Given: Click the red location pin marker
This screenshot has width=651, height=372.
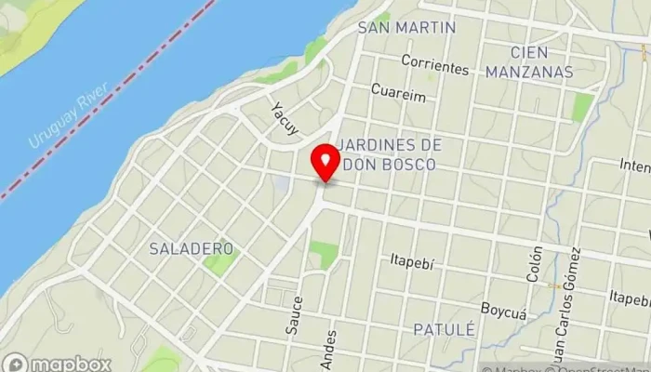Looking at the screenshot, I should click(x=325, y=164).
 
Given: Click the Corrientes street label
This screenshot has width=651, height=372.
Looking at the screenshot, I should click(x=434, y=68).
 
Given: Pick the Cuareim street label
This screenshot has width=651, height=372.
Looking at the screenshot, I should click(x=397, y=92).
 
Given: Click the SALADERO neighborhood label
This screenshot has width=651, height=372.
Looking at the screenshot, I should click(x=191, y=248).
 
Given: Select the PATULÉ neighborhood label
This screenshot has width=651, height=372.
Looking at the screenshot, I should click(x=443, y=329).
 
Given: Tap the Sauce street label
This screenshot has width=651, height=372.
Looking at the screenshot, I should click(x=297, y=313).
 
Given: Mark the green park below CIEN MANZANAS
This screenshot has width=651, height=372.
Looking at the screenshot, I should click(x=582, y=107).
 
